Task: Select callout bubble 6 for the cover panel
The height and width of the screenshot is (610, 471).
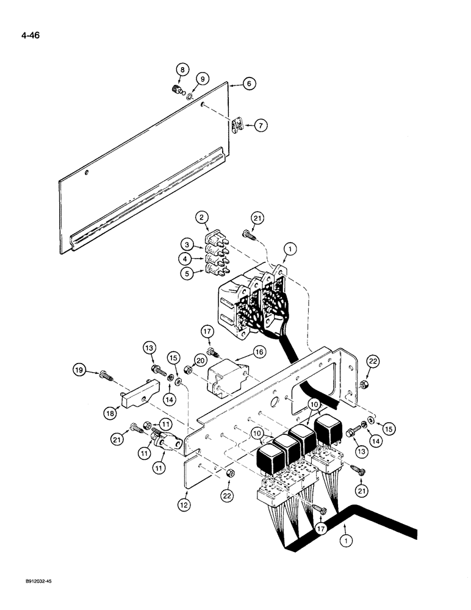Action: pyautogui.click(x=248, y=85)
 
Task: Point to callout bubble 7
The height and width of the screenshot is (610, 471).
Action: pyautogui.click(x=260, y=126)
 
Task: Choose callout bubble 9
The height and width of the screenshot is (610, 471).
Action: pyautogui.click(x=204, y=78)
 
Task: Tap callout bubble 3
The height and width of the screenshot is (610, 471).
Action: pyautogui.click(x=189, y=245)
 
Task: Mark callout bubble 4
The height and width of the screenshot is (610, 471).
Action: pyautogui.click(x=189, y=259)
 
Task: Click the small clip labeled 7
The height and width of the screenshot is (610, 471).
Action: pyautogui.click(x=240, y=127)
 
